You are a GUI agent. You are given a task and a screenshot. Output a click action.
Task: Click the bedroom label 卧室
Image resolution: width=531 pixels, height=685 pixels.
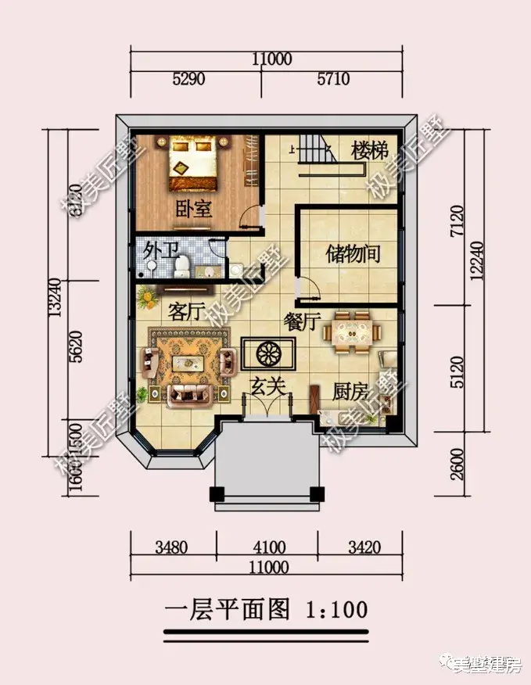point(191,210)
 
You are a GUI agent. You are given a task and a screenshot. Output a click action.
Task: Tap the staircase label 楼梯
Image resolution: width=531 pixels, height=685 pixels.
point(370,150)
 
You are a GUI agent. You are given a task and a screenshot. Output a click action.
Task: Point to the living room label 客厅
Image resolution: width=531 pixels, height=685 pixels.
point(186,312)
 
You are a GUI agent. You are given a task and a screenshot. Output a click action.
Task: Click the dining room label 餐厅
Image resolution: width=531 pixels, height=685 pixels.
point(303,321)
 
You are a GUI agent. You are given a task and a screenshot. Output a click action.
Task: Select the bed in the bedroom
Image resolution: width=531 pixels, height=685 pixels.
point(193,163)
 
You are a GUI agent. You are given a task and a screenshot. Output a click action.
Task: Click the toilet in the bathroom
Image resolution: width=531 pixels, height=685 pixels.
point(181,268)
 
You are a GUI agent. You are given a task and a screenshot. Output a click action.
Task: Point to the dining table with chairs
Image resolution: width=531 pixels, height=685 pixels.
point(353,332)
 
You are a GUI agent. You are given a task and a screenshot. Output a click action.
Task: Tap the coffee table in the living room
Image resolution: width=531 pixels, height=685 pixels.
point(188,361)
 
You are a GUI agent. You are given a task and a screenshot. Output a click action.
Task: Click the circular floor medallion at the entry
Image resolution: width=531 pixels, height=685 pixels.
point(267,352)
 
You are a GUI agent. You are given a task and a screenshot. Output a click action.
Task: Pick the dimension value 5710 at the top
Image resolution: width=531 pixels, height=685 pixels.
point(332,79)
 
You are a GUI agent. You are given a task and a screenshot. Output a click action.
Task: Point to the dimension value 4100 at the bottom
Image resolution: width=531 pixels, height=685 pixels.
point(269,547)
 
